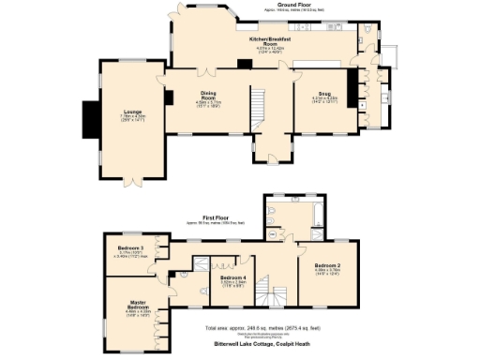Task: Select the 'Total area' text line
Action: click(x=263, y=328)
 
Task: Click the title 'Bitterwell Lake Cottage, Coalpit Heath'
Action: click(x=263, y=344)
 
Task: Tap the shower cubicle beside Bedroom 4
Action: click(x=199, y=264)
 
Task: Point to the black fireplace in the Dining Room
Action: click(x=169, y=97)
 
